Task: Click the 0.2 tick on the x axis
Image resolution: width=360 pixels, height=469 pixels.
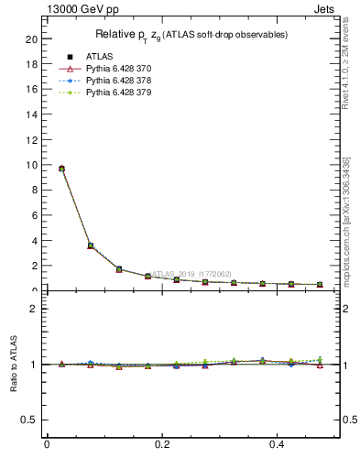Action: click(161, 444)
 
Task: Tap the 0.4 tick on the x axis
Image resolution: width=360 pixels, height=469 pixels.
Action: click(277, 444)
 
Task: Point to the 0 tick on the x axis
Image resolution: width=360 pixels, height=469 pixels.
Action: click(47, 444)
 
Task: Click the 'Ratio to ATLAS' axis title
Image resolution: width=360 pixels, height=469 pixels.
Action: click(14, 364)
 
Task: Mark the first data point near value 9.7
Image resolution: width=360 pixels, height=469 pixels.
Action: click(61, 169)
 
